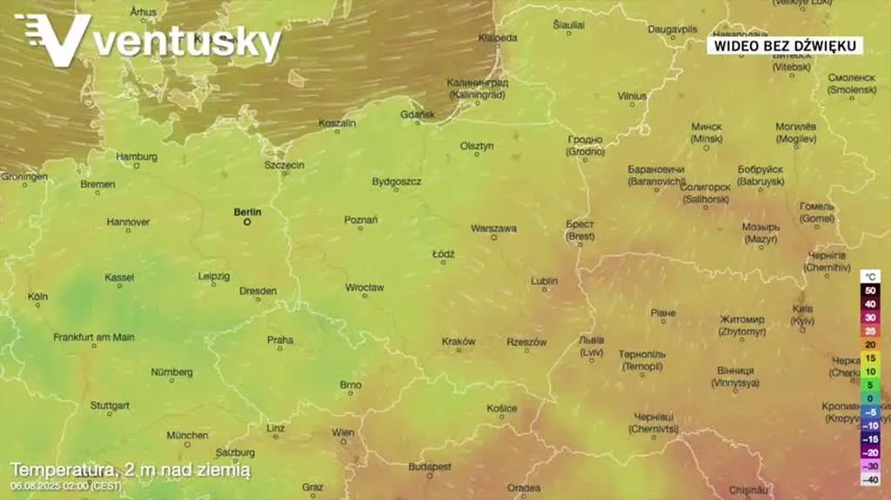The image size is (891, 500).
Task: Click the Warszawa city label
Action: (493, 229)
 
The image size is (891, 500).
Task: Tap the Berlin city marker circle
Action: (247, 222)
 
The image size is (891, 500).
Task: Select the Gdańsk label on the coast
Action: (419, 114)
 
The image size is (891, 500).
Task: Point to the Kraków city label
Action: (459, 342)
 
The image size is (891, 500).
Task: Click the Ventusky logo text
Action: (188, 43)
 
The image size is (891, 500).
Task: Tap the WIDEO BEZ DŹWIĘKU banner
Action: (784, 45)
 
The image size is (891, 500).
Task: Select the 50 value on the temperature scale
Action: (870, 290)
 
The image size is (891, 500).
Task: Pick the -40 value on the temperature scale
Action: (869, 479)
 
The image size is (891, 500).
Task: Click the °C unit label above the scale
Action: (870, 276)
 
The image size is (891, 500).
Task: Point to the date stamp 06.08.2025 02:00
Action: (66, 485)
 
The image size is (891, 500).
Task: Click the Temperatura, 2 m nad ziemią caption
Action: (131, 470)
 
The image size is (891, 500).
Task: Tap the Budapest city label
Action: (430, 467)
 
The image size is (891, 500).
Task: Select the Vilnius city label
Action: (633, 96)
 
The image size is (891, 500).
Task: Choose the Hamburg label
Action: (137, 157)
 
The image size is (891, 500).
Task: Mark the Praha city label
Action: (280, 340)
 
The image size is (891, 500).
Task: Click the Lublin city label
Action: (545, 281)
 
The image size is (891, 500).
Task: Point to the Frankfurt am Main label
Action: (94, 337)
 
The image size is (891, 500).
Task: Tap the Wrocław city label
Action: (365, 287)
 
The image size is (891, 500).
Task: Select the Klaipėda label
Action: (499, 37)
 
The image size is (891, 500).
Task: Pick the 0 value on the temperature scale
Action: (870, 398)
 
